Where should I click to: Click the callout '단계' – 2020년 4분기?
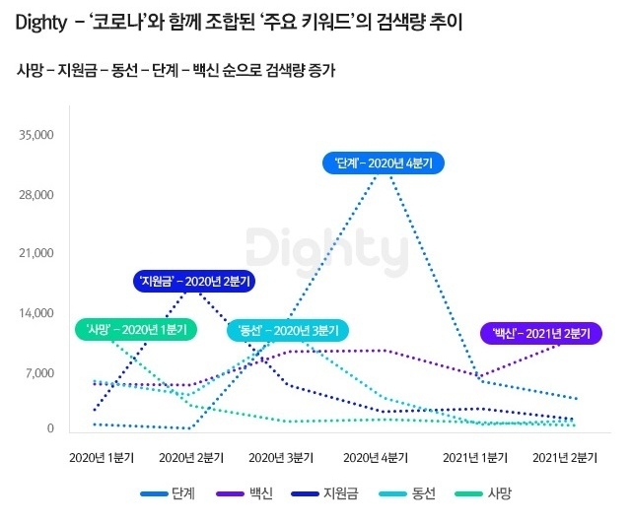point(385,163)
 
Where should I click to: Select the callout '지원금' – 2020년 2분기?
point(194,282)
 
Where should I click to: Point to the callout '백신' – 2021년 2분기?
point(541,333)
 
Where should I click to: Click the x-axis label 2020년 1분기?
point(102,457)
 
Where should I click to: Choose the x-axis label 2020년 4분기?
point(374,457)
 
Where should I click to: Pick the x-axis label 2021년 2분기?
point(565,457)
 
